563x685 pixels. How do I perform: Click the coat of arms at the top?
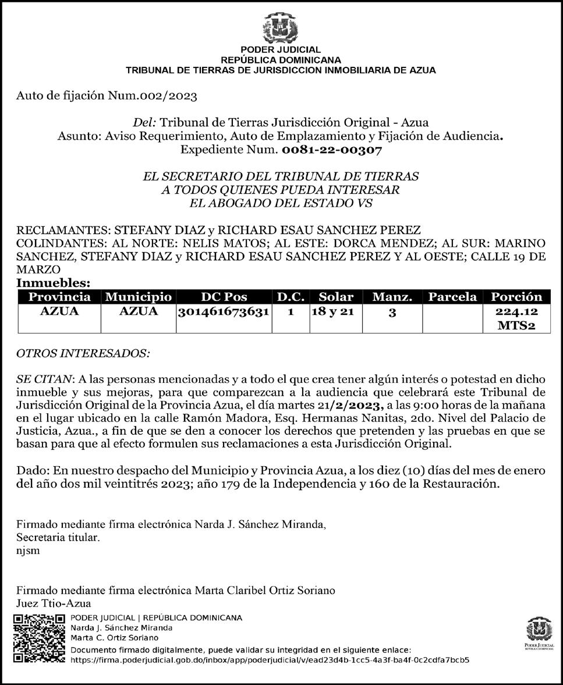281,29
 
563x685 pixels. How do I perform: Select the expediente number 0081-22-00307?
332,150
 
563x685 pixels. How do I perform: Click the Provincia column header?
60,297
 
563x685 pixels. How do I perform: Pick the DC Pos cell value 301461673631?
224,312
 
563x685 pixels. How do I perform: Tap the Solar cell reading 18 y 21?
333,312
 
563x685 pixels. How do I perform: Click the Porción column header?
516,297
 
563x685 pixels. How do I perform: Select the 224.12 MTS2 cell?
516,319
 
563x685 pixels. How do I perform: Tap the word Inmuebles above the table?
53,283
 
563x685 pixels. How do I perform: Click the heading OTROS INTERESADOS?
83,353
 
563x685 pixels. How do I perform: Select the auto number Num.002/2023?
153,95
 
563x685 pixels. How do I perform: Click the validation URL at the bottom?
270,661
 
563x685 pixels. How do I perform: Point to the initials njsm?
29,551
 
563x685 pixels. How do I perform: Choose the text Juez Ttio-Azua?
54,603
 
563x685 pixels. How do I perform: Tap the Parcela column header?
452,297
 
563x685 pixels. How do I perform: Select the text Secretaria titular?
58,538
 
